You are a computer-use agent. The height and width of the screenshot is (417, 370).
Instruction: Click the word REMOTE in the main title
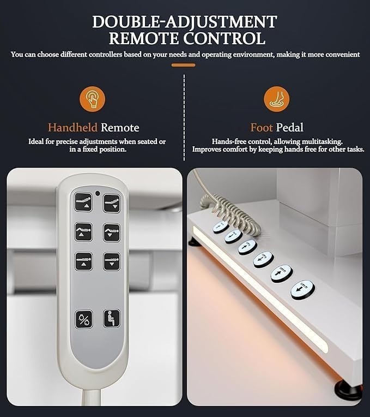tap(143, 38)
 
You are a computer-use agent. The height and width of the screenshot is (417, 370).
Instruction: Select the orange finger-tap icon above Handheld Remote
tap(93, 99)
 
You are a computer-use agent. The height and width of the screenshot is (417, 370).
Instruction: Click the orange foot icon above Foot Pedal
tap(277, 99)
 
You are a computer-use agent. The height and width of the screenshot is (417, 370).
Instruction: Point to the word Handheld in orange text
tap(72, 128)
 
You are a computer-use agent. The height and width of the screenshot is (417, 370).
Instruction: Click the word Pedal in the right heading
tap(289, 128)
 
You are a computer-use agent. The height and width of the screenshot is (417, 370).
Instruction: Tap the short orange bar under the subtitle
tap(184, 65)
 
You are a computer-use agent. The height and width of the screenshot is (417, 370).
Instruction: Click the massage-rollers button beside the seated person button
tap(84, 319)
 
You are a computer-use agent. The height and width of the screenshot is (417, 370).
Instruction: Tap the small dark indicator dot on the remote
tap(98, 193)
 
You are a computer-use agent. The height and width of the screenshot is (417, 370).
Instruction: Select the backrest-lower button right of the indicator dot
tap(112, 204)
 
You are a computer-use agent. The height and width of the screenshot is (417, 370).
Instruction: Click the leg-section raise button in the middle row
tap(83, 232)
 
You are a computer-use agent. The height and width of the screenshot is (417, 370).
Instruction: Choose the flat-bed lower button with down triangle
tap(112, 261)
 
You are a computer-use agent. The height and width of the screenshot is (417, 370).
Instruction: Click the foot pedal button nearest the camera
tap(303, 290)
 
